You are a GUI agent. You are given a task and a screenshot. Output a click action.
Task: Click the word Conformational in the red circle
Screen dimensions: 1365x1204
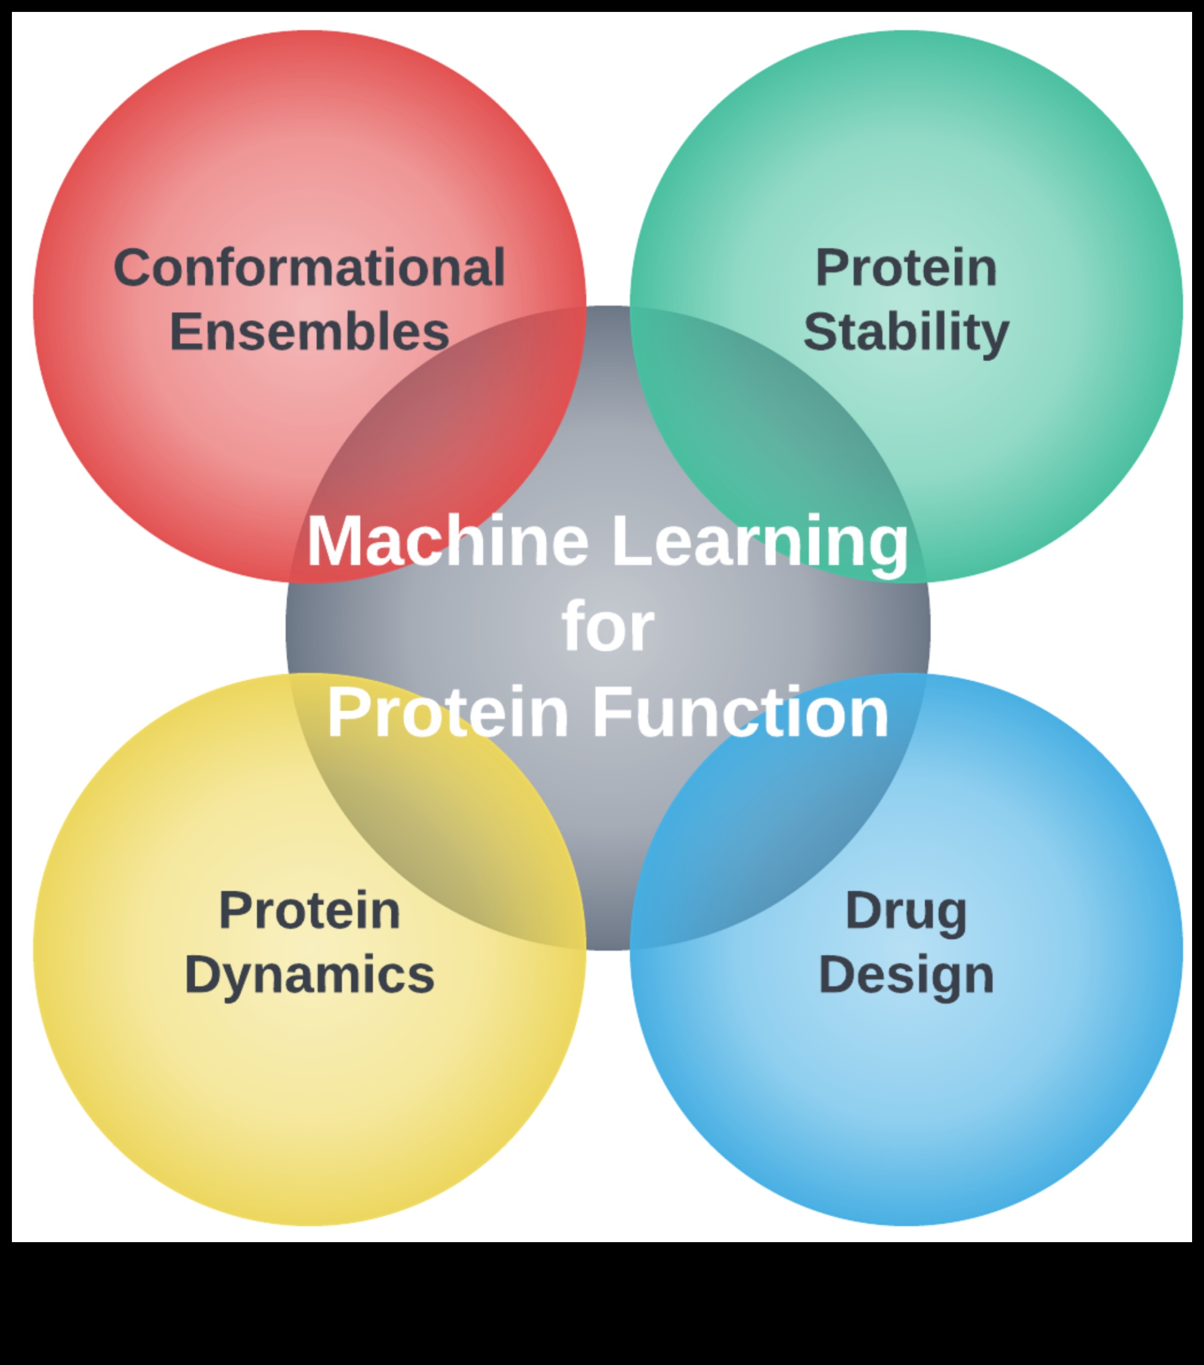[309, 268]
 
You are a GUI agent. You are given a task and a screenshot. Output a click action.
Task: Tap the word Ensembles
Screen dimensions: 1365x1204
[309, 332]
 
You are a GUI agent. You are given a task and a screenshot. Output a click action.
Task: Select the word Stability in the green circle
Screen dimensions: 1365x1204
[906, 332]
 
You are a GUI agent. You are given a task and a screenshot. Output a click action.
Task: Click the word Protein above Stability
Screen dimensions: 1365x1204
[906, 268]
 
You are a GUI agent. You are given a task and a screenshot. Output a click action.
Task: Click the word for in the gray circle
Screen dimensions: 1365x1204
[608, 626]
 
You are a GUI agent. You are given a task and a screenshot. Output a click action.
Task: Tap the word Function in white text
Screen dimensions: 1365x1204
[741, 712]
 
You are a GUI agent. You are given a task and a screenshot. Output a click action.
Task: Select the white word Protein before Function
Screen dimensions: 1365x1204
[447, 712]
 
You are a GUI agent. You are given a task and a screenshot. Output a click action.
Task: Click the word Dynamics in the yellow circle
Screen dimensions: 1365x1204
[309, 976]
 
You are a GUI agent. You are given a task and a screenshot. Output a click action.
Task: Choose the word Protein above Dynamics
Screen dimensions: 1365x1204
[309, 910]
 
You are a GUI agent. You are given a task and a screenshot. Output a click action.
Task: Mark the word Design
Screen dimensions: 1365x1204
[906, 976]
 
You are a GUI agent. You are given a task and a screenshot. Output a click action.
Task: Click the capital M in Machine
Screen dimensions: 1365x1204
[333, 541]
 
